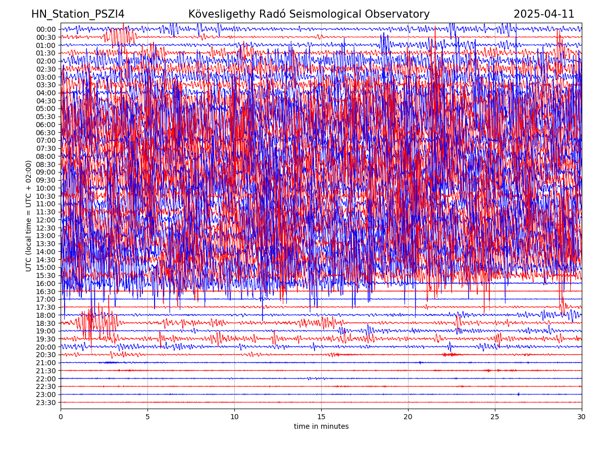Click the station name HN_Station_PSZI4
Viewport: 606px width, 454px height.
78,14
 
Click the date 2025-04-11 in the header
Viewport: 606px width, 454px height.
544,14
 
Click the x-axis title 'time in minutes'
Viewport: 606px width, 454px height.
321,427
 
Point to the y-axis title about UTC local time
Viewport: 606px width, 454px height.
29,215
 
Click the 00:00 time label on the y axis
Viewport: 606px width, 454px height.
46,29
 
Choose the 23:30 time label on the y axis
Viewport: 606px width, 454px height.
46,403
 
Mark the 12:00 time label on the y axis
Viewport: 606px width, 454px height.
46,220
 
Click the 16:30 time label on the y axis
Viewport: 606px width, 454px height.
46,292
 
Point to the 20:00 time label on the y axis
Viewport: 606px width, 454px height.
46,347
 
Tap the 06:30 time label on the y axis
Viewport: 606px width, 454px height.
46,133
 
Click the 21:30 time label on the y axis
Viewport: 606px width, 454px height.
46,371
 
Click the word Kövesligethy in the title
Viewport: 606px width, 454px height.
225,14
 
